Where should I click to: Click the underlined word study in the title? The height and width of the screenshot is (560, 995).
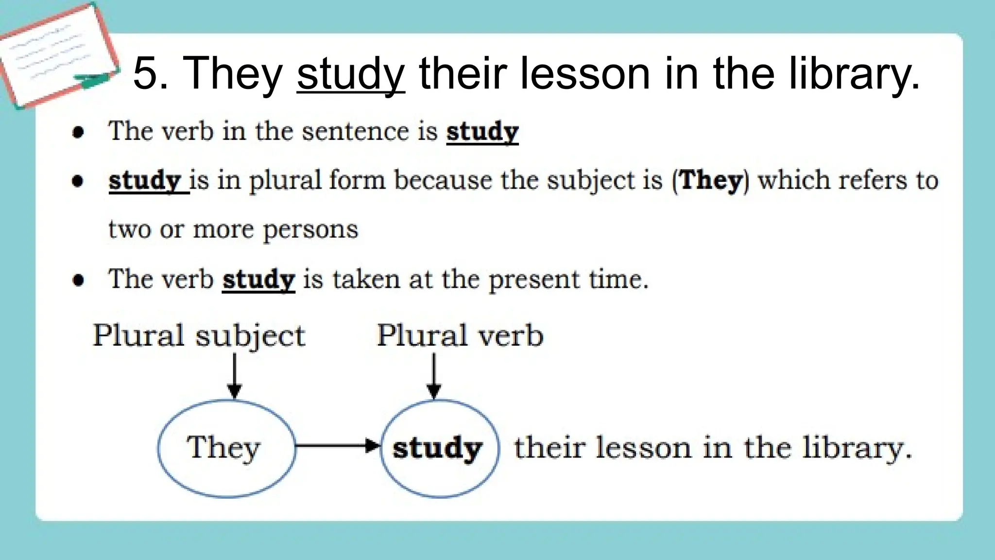(x=351, y=74)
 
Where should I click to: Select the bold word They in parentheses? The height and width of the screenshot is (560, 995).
(x=711, y=180)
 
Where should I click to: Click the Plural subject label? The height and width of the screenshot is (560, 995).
(x=199, y=335)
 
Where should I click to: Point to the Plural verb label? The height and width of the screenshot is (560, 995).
(x=460, y=335)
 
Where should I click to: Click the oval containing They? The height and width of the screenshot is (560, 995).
(x=226, y=448)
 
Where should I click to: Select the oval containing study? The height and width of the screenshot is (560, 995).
(x=439, y=448)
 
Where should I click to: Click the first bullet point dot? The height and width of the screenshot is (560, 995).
(x=78, y=132)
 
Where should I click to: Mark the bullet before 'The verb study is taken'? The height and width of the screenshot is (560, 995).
(x=78, y=280)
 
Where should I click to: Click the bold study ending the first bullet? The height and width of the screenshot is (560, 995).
(x=482, y=132)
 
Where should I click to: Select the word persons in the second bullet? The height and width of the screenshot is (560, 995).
(x=310, y=230)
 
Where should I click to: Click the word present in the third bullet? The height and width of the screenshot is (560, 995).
(x=534, y=280)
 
